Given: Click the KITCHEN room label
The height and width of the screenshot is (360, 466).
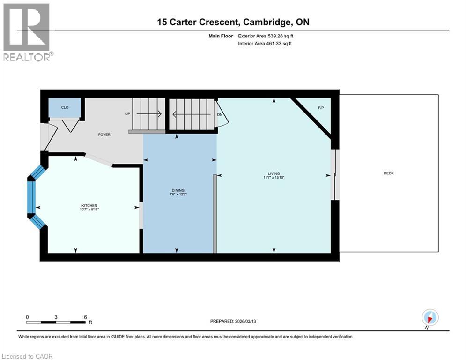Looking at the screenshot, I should [89, 205].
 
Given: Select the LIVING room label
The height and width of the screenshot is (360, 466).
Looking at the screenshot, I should [274, 173].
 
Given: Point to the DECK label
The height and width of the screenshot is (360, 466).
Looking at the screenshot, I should [389, 173].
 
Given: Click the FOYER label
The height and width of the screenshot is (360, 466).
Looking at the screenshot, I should [104, 135].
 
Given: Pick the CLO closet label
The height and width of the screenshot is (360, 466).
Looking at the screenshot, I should [65, 107].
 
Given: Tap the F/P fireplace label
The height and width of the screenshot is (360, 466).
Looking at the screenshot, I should [321, 108].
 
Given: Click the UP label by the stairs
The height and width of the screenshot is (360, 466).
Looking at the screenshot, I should [127, 113].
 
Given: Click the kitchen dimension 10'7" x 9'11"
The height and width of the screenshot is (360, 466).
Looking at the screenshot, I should [89, 210].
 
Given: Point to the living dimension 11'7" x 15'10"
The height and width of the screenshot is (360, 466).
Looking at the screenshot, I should [274, 178].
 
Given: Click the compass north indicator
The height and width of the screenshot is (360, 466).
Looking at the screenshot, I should [429, 318].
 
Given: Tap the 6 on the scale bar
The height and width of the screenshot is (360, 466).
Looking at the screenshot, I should [85, 317].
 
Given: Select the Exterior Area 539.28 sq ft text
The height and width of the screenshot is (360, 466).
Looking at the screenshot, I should [266, 36].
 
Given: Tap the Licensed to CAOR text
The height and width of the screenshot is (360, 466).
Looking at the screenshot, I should [28, 356].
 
